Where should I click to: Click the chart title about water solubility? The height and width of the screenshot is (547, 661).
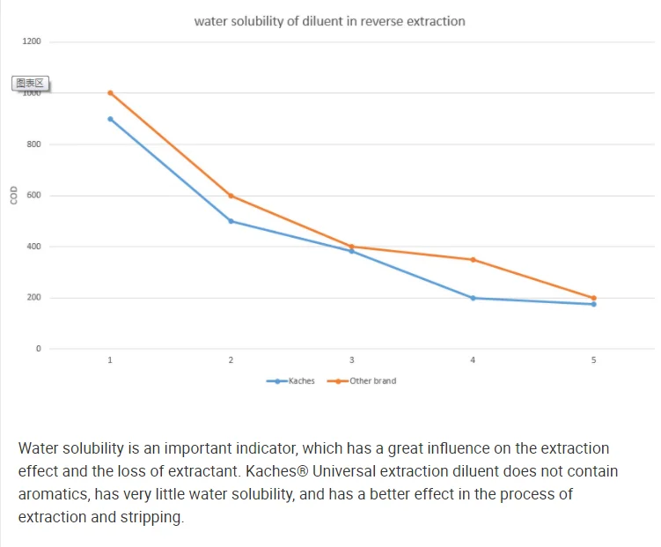coord(329,21)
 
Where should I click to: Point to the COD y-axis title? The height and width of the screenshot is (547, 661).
coord(13,195)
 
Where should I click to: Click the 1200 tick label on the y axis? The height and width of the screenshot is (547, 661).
coord(32,42)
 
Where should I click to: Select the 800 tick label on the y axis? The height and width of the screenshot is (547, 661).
coord(33,144)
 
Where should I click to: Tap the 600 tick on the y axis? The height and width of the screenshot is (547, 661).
coord(33,196)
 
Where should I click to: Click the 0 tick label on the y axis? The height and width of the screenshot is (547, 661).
coord(38,349)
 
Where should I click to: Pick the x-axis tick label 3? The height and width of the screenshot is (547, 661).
coord(352,360)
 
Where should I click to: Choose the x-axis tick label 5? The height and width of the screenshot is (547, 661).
coord(593,360)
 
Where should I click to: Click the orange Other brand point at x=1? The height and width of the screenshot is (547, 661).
coord(110,92)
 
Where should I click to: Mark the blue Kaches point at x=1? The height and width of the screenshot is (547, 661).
coord(110,119)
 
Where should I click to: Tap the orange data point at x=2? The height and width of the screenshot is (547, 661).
coord(231,196)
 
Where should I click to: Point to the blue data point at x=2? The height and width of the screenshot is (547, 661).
coord(231,221)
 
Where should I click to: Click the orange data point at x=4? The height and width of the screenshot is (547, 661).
coord(473,260)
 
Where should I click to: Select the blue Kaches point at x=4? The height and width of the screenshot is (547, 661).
coord(473,298)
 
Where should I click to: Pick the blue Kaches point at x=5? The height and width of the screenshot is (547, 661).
coord(593,304)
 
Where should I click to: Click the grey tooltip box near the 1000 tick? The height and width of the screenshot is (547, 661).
coord(30,83)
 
